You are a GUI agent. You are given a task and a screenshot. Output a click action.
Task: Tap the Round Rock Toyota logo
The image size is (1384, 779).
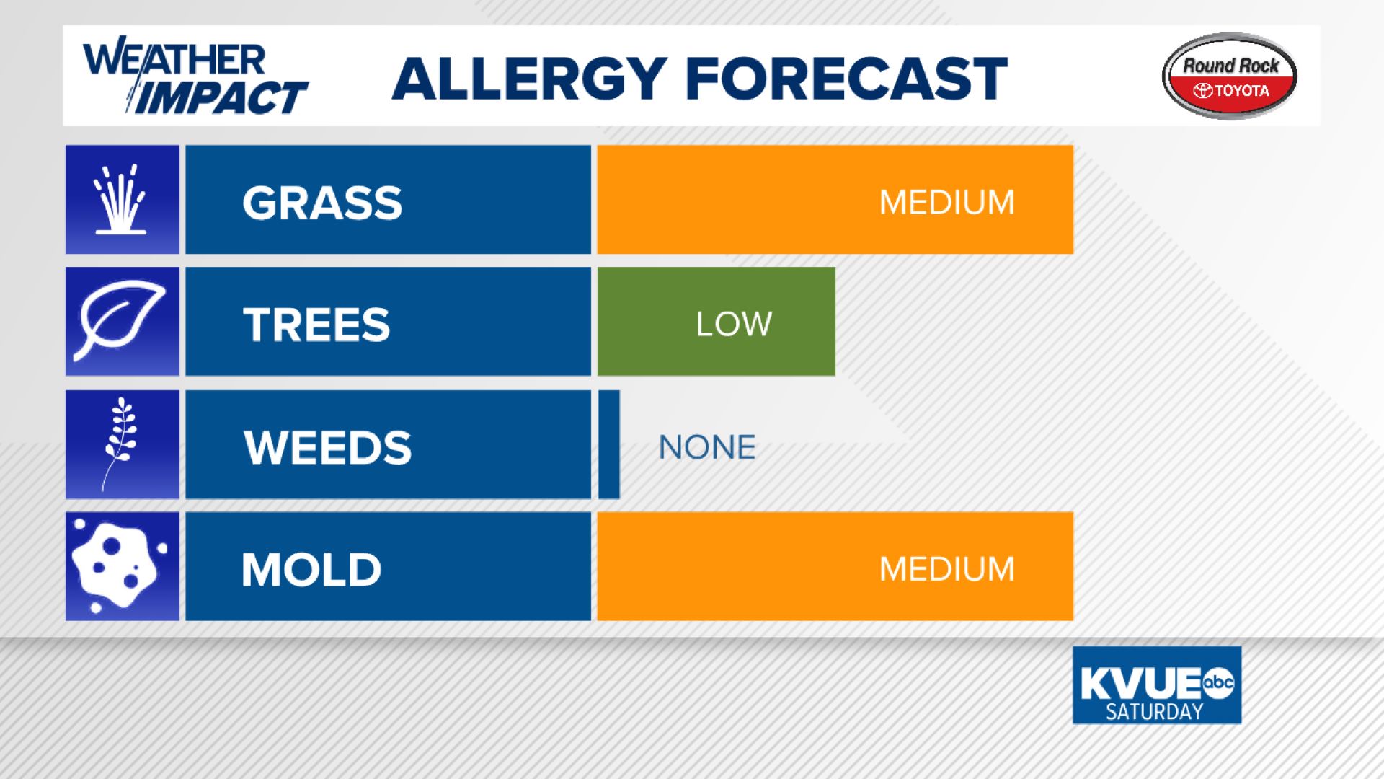(x=1230, y=76)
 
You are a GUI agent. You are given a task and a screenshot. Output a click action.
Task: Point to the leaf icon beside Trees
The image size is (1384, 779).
(x=119, y=321)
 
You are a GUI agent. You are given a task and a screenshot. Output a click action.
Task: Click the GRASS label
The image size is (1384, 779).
(x=322, y=202)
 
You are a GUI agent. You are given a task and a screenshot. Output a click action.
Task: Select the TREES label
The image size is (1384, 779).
(x=316, y=324)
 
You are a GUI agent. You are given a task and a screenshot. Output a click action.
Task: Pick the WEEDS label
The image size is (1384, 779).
(x=327, y=447)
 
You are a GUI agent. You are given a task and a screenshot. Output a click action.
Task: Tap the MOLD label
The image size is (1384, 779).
(x=311, y=569)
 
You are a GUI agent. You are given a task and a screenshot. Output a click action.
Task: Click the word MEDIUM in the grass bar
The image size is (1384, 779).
(x=946, y=202)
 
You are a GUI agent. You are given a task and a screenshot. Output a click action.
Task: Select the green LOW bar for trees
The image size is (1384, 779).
(x=717, y=321)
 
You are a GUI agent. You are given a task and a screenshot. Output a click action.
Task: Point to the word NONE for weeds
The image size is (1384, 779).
(x=707, y=447)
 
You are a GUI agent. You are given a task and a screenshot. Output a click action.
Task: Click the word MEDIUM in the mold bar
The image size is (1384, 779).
(x=946, y=569)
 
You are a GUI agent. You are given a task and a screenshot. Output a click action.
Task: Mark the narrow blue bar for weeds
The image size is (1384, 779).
(x=609, y=444)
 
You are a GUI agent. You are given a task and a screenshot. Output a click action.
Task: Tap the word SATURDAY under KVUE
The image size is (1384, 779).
(x=1154, y=712)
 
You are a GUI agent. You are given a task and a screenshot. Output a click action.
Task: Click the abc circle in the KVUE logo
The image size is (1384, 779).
(x=1217, y=682)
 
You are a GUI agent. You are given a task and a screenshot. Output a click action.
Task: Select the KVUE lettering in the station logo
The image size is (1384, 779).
(x=1140, y=683)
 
